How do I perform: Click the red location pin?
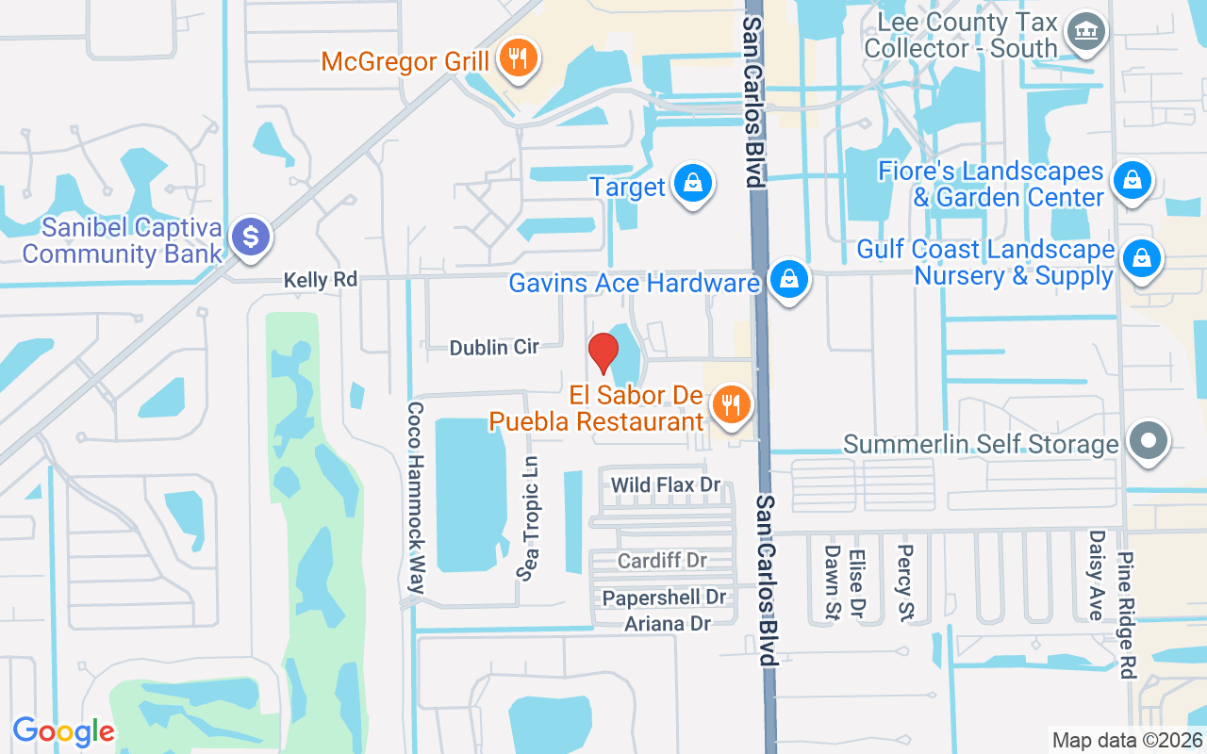603,352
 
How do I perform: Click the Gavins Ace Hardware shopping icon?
789,280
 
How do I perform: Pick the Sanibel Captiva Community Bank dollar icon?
251,237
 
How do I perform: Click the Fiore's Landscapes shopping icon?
1133,179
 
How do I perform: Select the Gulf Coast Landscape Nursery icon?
1141,256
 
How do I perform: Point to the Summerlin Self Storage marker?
1148,441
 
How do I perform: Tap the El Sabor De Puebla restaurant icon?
730,404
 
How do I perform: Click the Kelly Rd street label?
322,280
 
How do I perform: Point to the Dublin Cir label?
493,348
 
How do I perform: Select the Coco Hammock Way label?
415,498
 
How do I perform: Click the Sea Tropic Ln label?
531,517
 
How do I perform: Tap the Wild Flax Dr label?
666,485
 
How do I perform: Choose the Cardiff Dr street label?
662,561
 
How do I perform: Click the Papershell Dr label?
664,598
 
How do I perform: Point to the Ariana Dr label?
667,623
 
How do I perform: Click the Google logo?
63,731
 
